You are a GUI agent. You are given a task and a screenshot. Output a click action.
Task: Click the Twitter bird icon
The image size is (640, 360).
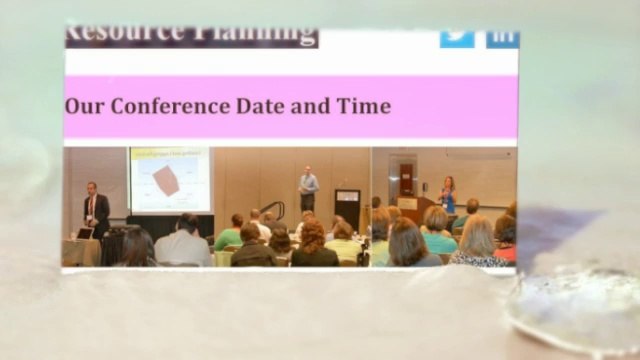click(457, 36)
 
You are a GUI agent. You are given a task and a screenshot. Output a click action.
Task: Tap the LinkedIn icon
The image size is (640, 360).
click(502, 37)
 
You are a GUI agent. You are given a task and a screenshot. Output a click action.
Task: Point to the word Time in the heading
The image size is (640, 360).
click(360, 106)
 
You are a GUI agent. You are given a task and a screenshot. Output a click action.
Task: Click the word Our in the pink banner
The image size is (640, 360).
click(83, 106)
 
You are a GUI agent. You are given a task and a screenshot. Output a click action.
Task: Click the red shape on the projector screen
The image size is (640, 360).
click(166, 181)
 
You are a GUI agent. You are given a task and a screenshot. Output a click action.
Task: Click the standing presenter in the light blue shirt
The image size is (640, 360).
click(308, 190)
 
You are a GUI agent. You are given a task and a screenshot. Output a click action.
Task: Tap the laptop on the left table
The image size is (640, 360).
click(84, 233)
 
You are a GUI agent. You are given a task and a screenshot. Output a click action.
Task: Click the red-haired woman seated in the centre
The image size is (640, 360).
click(313, 246)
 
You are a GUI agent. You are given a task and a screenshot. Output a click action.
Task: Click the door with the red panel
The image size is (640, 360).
click(406, 177)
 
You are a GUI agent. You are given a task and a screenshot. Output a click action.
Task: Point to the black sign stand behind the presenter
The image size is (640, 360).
click(347, 206)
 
